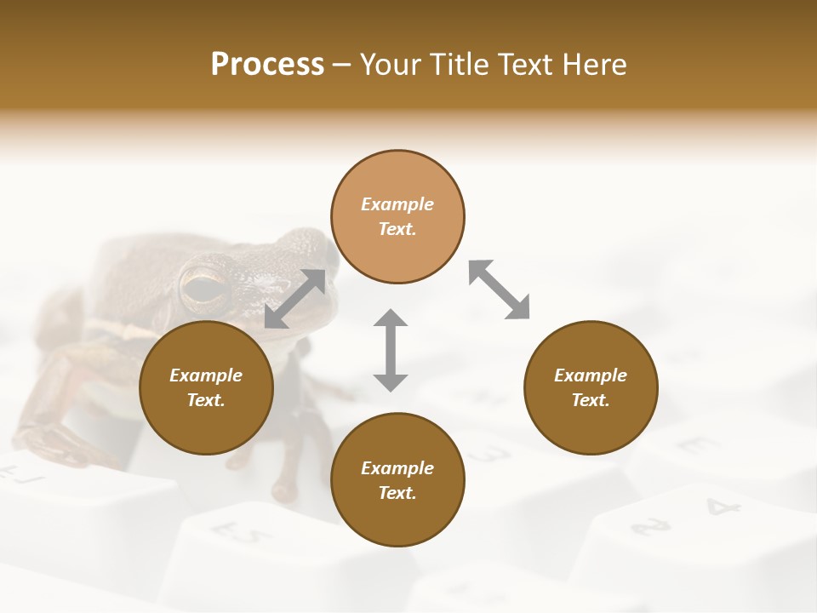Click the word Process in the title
pos(267,65)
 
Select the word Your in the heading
pos(390,65)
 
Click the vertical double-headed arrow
pos(391,350)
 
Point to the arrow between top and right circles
pos(499,289)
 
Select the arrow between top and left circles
pos(295,298)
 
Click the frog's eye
pos(205,288)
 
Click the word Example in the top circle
pos(397,204)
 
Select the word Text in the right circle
pos(590,400)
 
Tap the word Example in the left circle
pos(206,375)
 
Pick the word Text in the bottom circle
pos(396,493)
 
